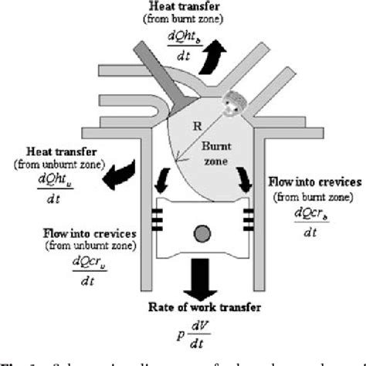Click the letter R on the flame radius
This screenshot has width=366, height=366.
click(x=195, y=124)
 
